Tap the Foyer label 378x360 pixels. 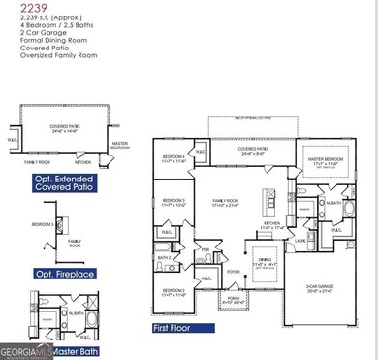(x=234, y=272)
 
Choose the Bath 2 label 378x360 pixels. (x=165, y=257)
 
